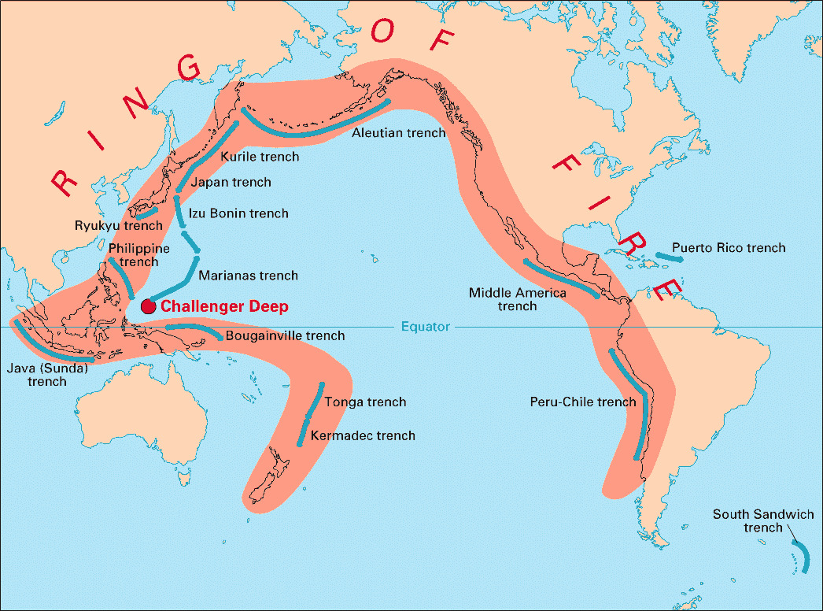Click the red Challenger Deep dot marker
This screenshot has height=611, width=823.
[147, 306]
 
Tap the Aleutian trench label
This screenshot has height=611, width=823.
[398, 132]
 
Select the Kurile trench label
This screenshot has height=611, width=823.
[260, 157]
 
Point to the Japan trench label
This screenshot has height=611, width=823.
[231, 182]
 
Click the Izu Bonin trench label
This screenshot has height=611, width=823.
[238, 213]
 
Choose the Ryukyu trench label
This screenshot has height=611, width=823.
[118, 225]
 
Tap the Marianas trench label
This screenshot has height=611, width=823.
[248, 276]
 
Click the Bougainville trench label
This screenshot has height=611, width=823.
[285, 335]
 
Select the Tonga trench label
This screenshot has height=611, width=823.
[365, 402]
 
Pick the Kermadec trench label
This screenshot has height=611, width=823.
[363, 435]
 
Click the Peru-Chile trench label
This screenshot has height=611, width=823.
[582, 402]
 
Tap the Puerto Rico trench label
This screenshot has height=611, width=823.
[729, 248]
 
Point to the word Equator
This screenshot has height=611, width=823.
[425, 326]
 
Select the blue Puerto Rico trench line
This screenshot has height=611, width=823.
[667, 257]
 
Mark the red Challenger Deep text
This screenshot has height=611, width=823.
[224, 307]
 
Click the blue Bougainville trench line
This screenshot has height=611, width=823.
[193, 328]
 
